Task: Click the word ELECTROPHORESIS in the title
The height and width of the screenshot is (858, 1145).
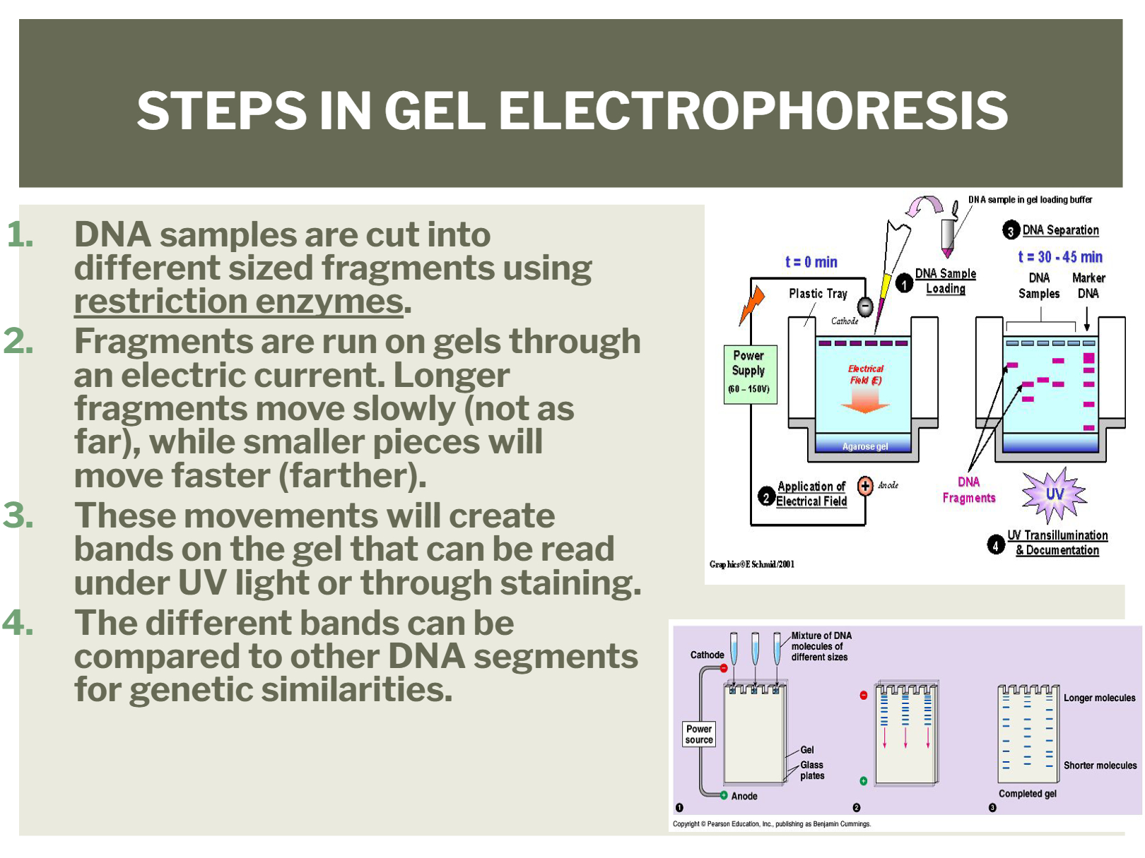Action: pyautogui.click(x=753, y=110)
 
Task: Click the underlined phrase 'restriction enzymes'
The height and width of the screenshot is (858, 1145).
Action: pyautogui.click(x=238, y=302)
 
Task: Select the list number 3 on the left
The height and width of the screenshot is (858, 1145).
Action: pyautogui.click(x=18, y=516)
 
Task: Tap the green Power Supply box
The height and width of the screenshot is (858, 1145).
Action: pyautogui.click(x=750, y=374)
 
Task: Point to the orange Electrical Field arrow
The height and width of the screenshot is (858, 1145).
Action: pyautogui.click(x=865, y=401)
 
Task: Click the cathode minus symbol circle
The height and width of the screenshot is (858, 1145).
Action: pyautogui.click(x=865, y=306)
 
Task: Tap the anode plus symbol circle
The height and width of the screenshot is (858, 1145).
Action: pyautogui.click(x=865, y=486)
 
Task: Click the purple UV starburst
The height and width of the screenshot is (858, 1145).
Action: pyautogui.click(x=1055, y=494)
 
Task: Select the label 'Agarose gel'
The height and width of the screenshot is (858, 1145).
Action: pyautogui.click(x=865, y=446)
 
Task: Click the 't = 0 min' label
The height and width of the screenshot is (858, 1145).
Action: pyautogui.click(x=811, y=261)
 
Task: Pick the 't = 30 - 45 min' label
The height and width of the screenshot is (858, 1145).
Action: pyautogui.click(x=1060, y=257)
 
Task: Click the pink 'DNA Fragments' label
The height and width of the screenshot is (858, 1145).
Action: pyautogui.click(x=969, y=489)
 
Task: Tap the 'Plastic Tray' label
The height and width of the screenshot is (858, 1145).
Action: pyautogui.click(x=818, y=294)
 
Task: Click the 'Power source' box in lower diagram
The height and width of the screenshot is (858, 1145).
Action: pyautogui.click(x=699, y=734)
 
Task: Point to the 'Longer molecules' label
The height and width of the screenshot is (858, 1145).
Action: pyautogui.click(x=1100, y=698)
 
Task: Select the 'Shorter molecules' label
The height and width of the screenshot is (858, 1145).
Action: pyautogui.click(x=1100, y=765)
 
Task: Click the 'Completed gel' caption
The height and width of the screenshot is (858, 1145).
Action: pyautogui.click(x=1028, y=794)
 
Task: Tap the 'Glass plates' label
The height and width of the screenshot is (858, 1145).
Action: pyautogui.click(x=812, y=770)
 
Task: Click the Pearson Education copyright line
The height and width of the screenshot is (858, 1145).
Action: pyautogui.click(x=772, y=823)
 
